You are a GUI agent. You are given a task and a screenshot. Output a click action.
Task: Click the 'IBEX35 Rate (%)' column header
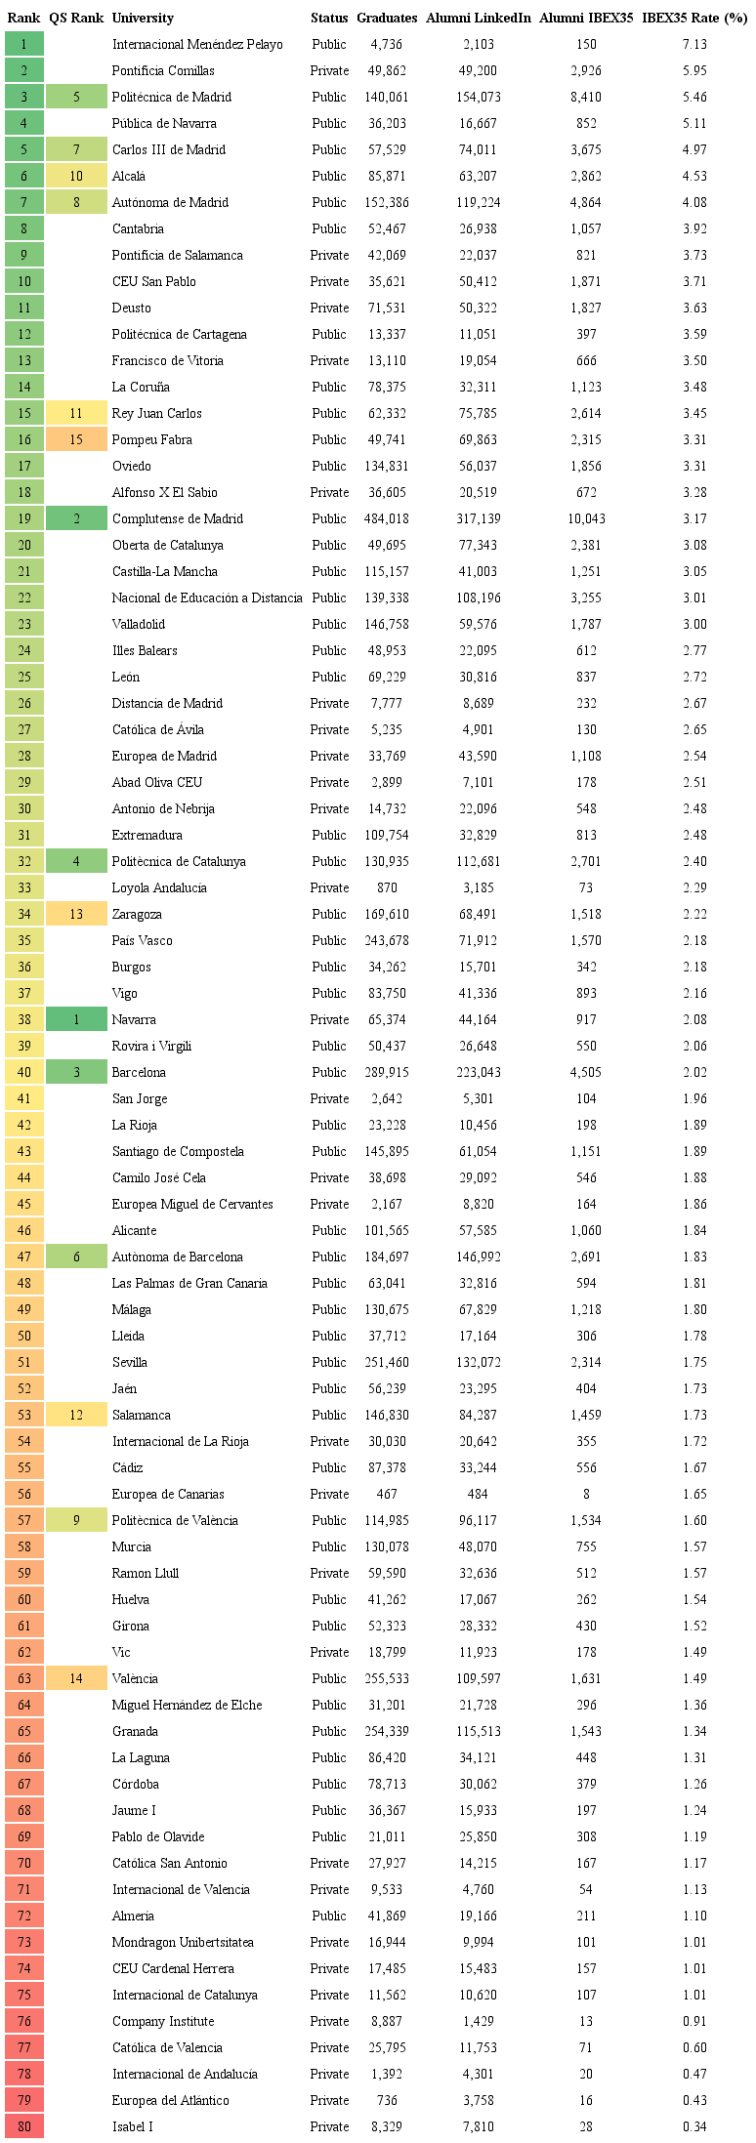(693, 18)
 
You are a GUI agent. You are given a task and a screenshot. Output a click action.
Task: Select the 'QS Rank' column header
(76, 18)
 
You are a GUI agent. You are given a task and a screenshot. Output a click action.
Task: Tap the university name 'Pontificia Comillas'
(163, 70)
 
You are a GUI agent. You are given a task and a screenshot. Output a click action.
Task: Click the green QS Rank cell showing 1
(76, 1019)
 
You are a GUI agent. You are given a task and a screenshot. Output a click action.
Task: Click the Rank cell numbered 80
(24, 2126)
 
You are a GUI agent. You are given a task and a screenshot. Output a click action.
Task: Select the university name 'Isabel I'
(133, 2126)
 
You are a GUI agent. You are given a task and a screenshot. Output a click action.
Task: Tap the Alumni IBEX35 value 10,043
(586, 518)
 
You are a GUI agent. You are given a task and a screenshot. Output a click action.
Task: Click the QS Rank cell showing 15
(76, 439)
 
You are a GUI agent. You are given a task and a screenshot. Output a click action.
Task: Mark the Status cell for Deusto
(329, 308)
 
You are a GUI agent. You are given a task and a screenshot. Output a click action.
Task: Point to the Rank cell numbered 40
(24, 1072)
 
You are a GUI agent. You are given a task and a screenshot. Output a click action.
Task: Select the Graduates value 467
(387, 1494)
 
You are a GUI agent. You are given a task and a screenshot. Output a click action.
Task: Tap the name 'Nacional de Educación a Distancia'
(207, 598)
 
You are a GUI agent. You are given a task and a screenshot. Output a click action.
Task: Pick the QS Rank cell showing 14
(76, 1678)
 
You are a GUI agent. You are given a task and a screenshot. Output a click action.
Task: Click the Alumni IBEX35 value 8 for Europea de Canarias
(586, 1494)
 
